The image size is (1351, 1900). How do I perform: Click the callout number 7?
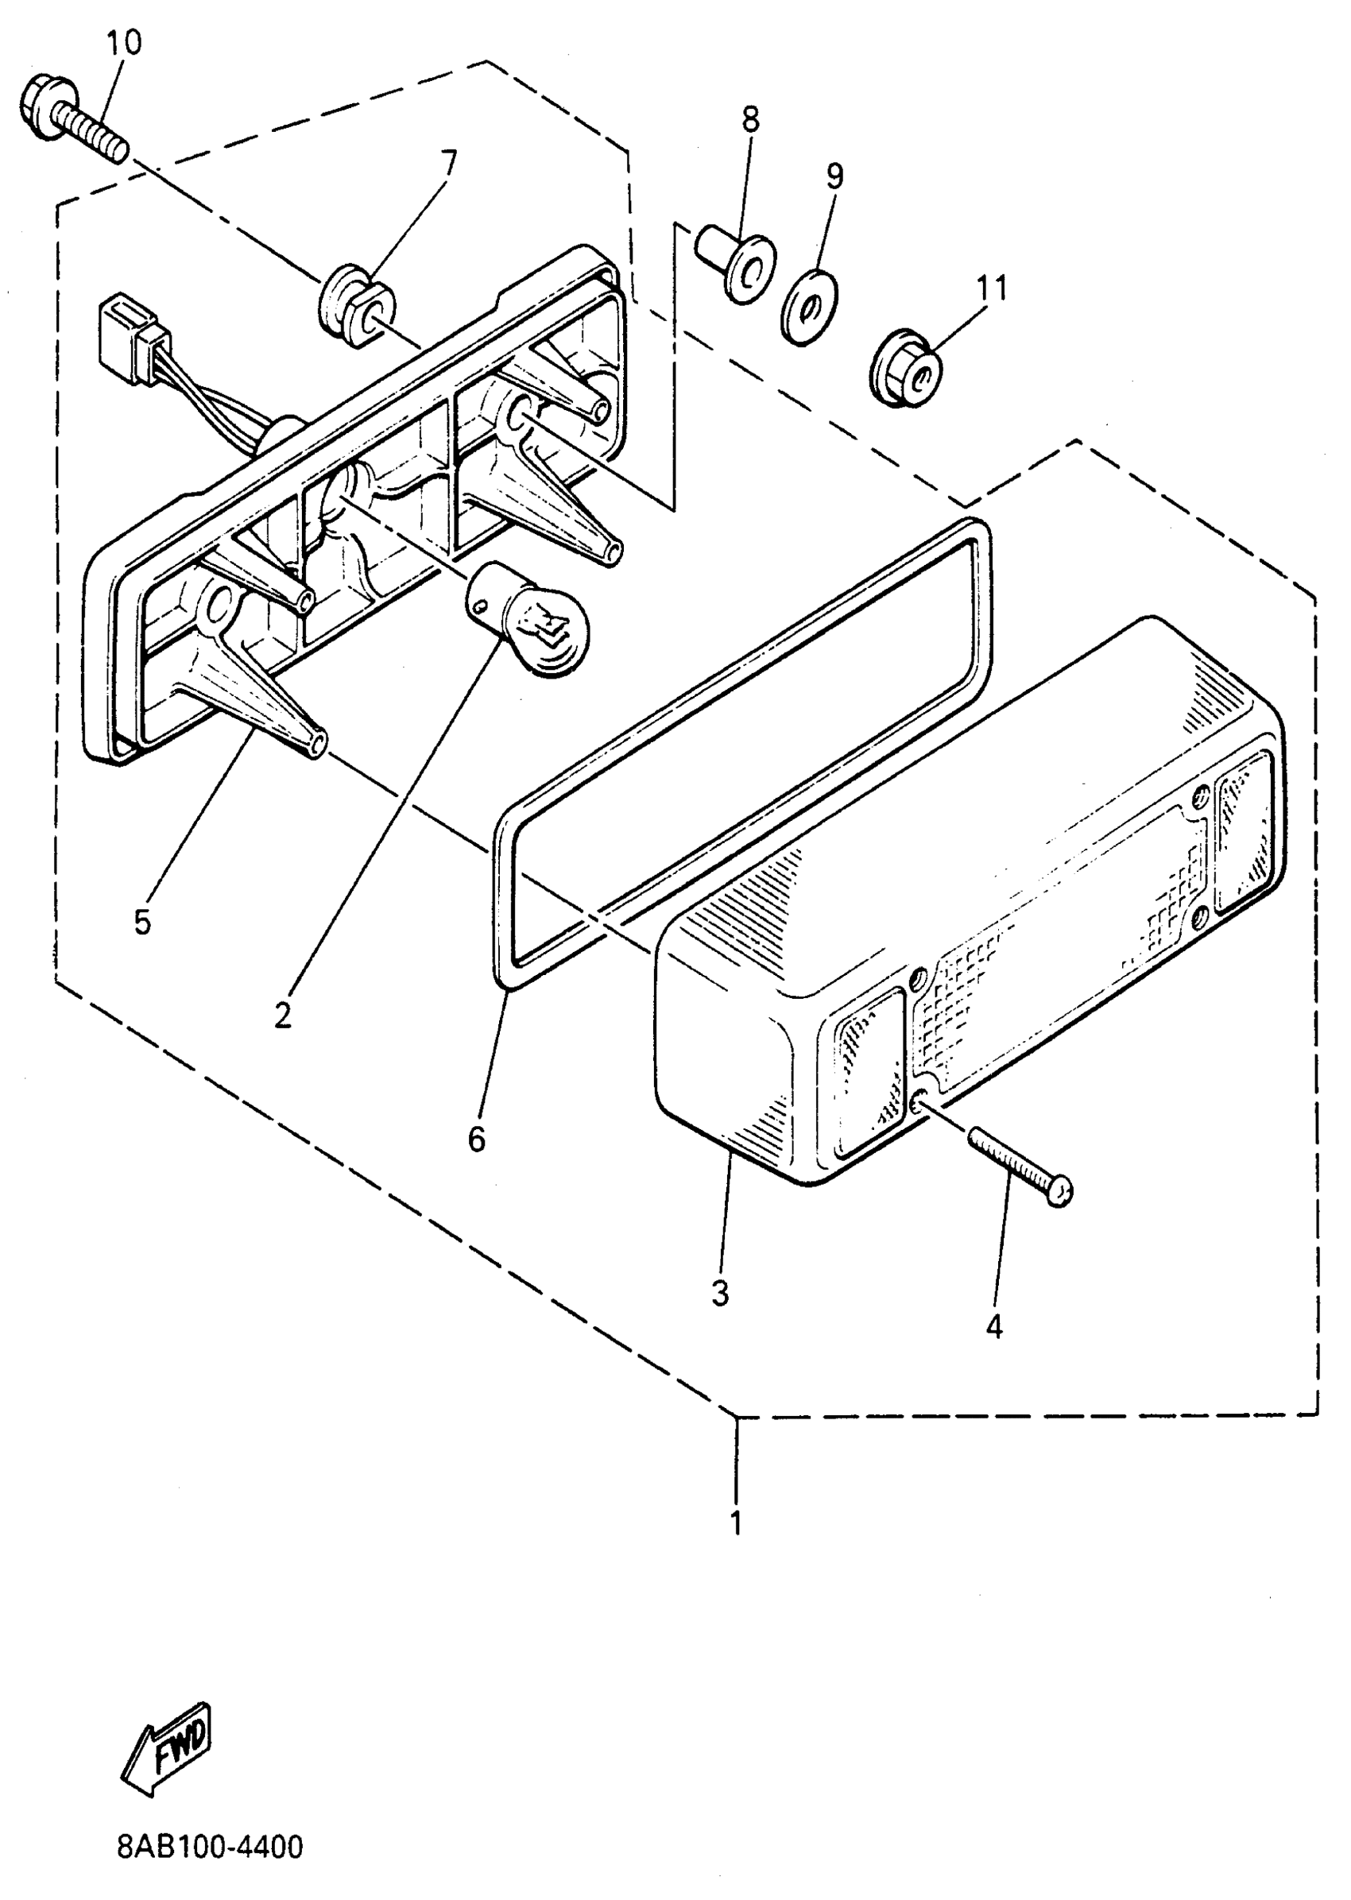pos(448,163)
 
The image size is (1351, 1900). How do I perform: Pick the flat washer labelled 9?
pos(808,306)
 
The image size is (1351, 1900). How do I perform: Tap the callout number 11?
pos(992,288)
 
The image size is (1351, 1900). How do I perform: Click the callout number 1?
pos(735,1523)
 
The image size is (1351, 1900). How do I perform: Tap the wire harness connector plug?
pos(131,341)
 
